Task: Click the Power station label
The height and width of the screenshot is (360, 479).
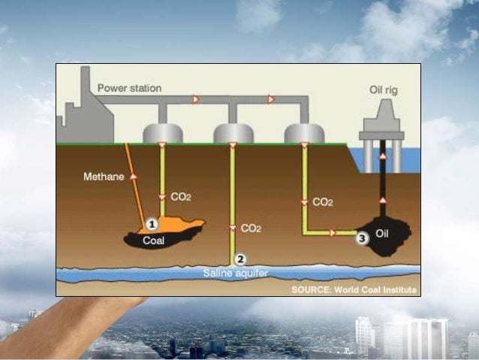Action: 129,88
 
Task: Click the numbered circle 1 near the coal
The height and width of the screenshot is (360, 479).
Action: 152,223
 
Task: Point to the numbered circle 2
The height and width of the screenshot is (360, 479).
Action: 240,259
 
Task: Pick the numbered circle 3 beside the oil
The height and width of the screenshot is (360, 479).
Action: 362,238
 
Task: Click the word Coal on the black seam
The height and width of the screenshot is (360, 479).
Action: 154,241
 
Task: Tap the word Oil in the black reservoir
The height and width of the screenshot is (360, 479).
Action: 382,234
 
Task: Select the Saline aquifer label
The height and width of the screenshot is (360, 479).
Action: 235,273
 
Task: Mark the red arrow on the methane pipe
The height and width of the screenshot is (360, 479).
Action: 135,175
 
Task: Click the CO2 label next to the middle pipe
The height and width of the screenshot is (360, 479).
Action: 251,228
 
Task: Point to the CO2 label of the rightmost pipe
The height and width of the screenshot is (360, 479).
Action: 322,201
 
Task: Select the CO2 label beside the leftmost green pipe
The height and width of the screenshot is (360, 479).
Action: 181,196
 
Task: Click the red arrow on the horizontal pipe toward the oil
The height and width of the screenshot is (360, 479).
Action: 333,233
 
